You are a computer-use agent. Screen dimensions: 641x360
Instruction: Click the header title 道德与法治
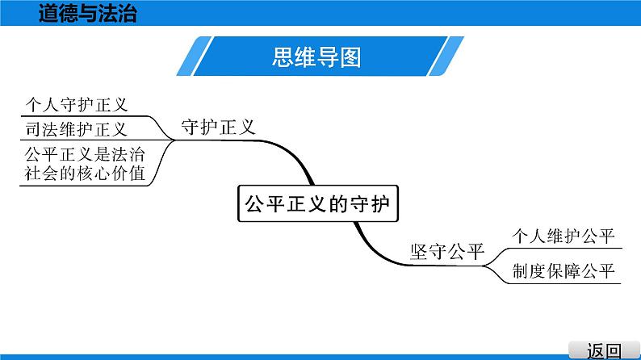click(x=87, y=13)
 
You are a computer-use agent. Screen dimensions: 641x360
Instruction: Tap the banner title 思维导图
click(x=316, y=57)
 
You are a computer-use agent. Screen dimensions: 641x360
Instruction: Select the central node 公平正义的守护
click(x=317, y=203)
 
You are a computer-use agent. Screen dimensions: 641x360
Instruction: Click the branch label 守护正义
click(x=218, y=127)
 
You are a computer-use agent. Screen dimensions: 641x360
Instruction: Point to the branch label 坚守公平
click(x=447, y=251)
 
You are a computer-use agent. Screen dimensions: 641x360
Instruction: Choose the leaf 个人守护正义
click(x=77, y=105)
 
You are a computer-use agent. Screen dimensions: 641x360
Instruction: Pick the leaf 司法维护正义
click(x=77, y=129)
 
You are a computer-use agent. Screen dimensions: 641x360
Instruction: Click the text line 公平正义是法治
click(x=85, y=154)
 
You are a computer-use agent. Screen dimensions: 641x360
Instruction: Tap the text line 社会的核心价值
click(x=85, y=174)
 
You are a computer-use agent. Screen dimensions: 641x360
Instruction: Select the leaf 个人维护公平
click(x=563, y=237)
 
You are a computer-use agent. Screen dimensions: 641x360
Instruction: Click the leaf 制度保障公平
click(x=563, y=271)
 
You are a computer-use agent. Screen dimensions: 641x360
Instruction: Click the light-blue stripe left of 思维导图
click(x=195, y=56)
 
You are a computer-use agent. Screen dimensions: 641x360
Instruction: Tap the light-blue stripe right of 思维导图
click(x=446, y=56)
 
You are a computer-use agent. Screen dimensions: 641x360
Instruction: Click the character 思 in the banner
click(x=283, y=57)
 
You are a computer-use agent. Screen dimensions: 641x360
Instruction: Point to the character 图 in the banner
click(x=350, y=57)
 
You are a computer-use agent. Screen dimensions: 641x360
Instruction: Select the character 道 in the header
click(x=48, y=13)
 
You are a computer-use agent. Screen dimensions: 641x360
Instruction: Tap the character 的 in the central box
click(x=338, y=203)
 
